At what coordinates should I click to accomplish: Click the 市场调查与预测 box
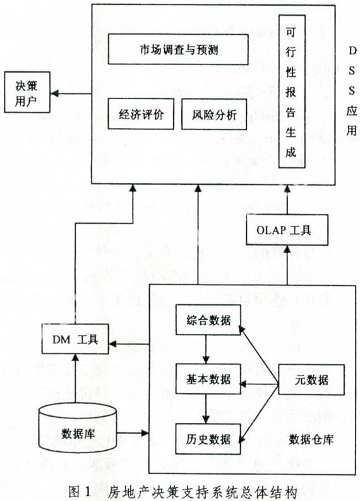pyautogui.click(x=178, y=49)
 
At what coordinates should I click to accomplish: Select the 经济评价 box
pyautogui.click(x=141, y=114)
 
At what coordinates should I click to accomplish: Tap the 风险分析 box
pyautogui.click(x=214, y=114)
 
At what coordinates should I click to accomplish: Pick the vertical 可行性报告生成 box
pyautogui.click(x=292, y=91)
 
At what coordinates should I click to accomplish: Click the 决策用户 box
pyautogui.click(x=27, y=92)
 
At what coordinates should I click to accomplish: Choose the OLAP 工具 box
pyautogui.click(x=287, y=230)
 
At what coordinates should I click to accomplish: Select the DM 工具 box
pyautogui.click(x=75, y=339)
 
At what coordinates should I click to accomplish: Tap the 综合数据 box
pyautogui.click(x=208, y=320)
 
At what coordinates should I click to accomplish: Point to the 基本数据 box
pyautogui.click(x=208, y=379)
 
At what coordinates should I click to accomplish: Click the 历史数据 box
pyautogui.click(x=208, y=439)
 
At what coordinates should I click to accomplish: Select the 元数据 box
pyautogui.click(x=311, y=380)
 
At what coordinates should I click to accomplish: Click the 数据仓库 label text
pyautogui.click(x=311, y=439)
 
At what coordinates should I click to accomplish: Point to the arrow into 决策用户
pyautogui.click(x=71, y=93)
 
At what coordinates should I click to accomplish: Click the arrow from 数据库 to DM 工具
pyautogui.click(x=75, y=379)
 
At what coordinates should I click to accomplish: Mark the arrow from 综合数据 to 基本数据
pyautogui.click(x=206, y=349)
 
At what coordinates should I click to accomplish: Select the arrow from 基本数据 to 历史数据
pyautogui.click(x=206, y=409)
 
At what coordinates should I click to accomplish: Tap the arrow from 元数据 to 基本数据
pyautogui.click(x=260, y=383)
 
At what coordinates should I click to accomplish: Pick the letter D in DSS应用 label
pyautogui.click(x=352, y=51)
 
